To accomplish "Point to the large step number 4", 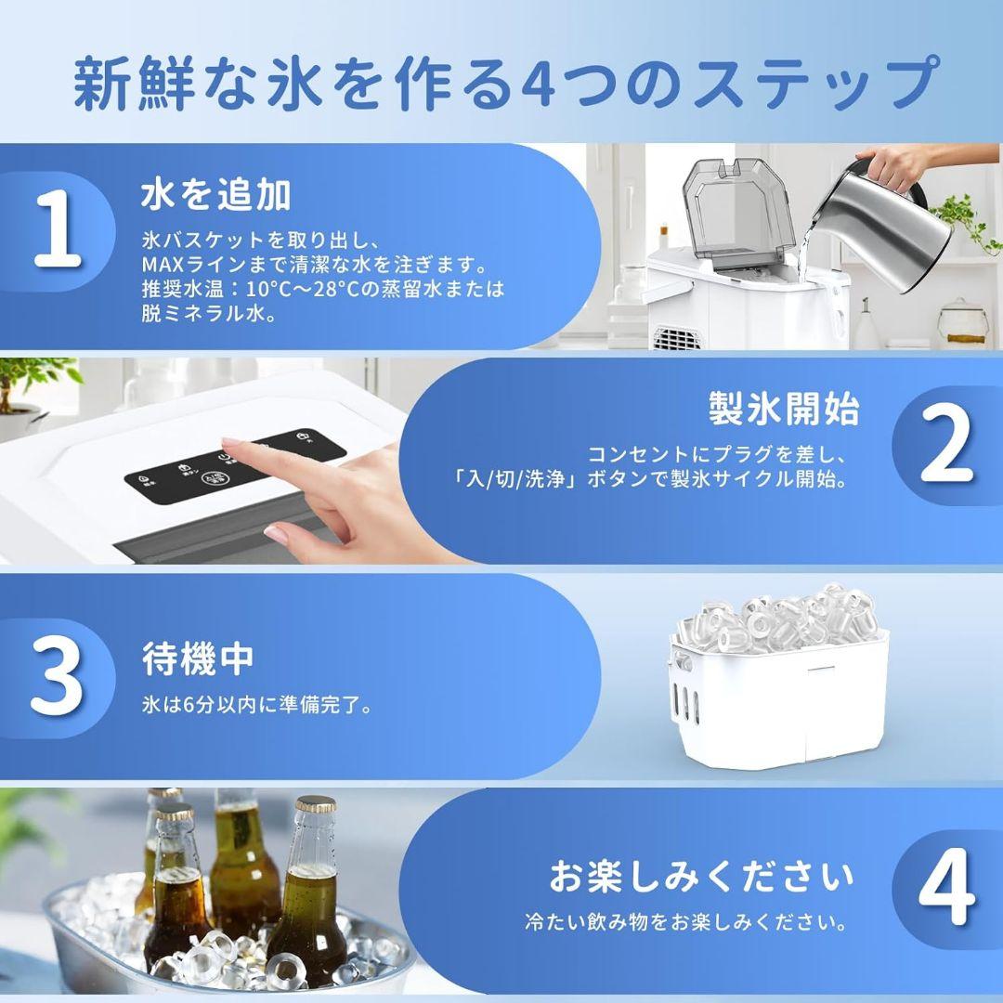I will pyautogui.click(x=946, y=894).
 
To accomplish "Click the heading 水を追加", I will pyautogui.click(x=215, y=195).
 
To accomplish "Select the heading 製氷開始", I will pyautogui.click(x=784, y=409).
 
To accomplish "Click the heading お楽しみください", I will pyautogui.click(x=700, y=876).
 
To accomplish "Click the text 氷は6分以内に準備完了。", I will pyautogui.click(x=258, y=706).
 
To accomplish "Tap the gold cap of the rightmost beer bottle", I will pyautogui.click(x=315, y=805).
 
